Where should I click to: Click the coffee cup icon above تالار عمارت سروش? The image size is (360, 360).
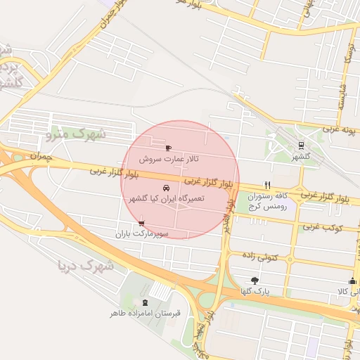[167, 148]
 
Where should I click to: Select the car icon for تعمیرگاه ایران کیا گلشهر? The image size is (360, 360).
[166, 188]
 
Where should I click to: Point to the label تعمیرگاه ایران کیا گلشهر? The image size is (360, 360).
[166, 199]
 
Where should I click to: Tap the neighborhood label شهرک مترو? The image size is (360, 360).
[75, 133]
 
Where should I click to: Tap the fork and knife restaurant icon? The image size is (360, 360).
[266, 185]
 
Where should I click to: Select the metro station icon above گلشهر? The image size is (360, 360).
[302, 146]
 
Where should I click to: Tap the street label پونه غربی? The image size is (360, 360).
[341, 130]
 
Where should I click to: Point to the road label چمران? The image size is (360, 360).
[41, 156]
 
